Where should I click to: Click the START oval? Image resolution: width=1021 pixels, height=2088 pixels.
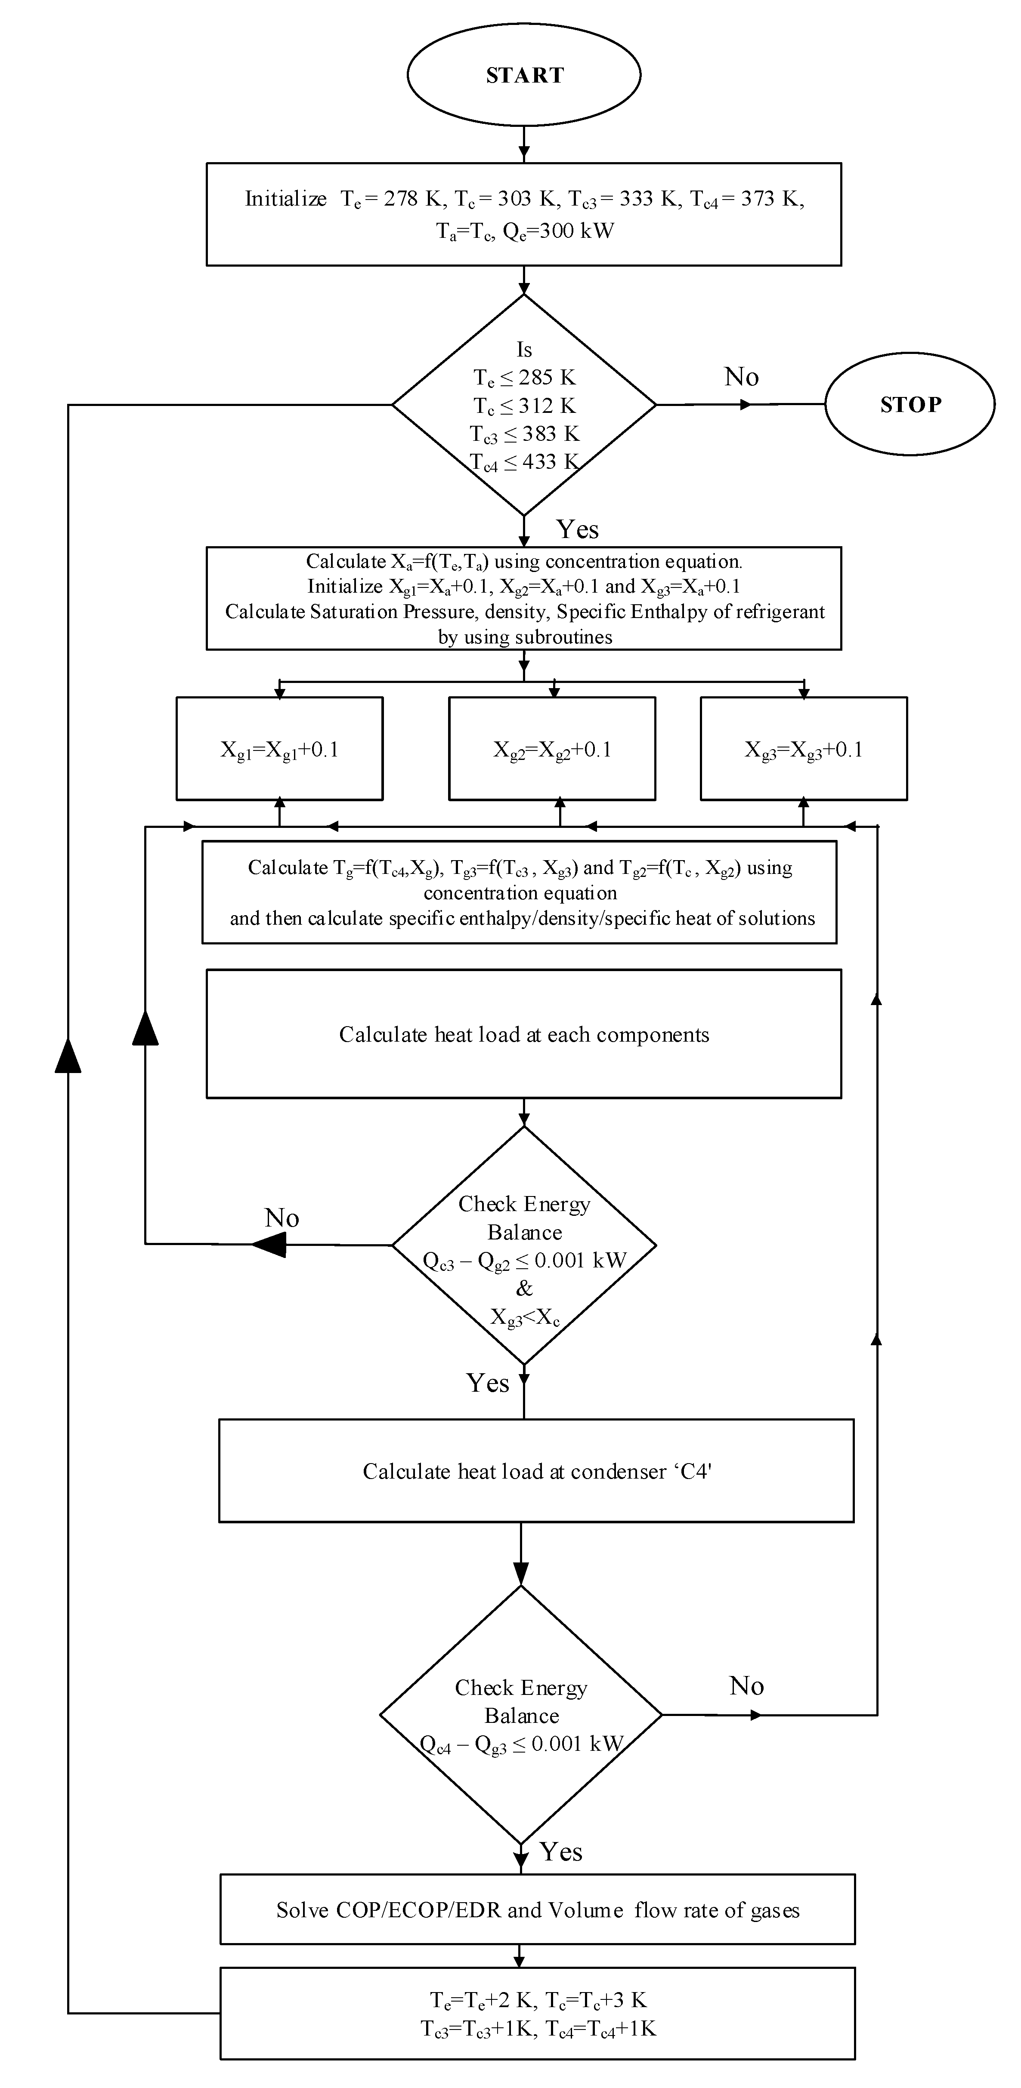click(524, 74)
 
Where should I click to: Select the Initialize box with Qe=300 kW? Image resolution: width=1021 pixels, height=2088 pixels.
click(524, 214)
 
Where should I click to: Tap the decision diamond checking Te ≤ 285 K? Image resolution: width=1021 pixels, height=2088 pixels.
click(524, 404)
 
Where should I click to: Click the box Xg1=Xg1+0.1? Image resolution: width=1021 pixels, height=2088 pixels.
click(279, 749)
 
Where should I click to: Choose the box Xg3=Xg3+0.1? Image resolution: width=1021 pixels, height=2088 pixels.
click(803, 749)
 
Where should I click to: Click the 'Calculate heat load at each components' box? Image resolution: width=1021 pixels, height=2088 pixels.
click(524, 1034)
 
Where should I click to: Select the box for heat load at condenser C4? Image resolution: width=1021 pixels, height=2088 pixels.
click(536, 1471)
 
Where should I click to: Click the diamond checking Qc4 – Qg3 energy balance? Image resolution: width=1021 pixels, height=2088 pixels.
click(521, 1715)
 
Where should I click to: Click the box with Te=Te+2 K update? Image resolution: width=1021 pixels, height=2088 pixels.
click(537, 2014)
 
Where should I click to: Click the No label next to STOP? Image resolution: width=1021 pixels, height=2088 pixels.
click(741, 377)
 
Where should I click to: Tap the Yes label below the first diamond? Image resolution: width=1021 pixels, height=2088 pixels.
click(577, 529)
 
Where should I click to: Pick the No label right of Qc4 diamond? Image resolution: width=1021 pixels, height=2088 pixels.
click(746, 1686)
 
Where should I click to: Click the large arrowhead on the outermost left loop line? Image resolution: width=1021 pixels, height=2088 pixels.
click(68, 1054)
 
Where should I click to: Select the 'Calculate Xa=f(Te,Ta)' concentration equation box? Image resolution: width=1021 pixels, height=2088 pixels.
click(524, 598)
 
